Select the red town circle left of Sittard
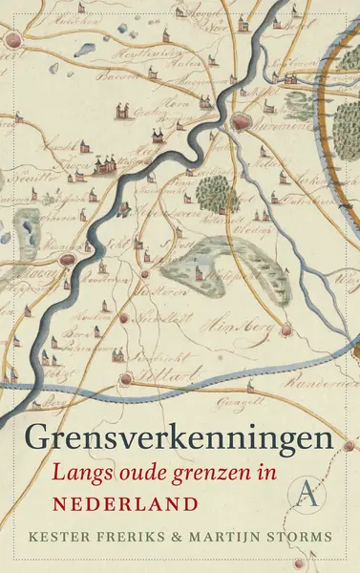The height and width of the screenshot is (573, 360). pyautogui.click(x=125, y=380)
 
